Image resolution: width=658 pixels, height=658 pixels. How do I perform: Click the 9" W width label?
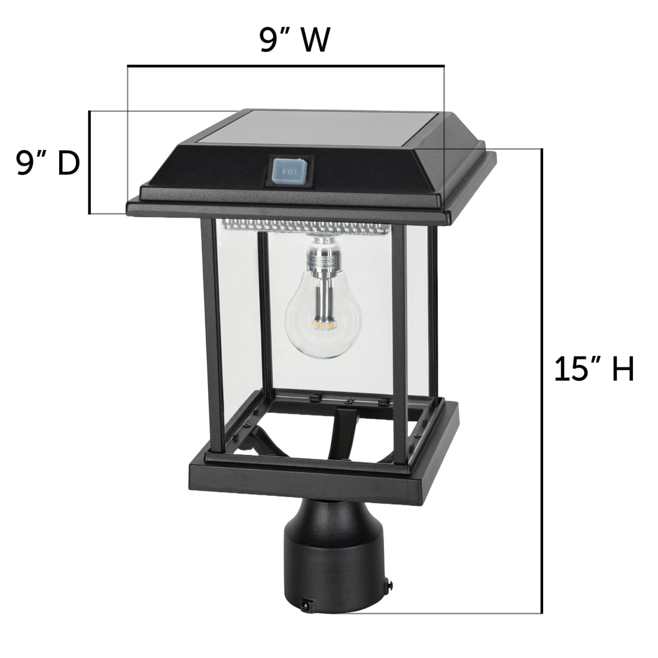tap(295, 40)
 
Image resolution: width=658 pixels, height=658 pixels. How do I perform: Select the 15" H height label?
tap(594, 369)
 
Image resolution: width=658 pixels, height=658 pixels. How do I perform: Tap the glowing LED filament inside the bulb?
tap(324, 324)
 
